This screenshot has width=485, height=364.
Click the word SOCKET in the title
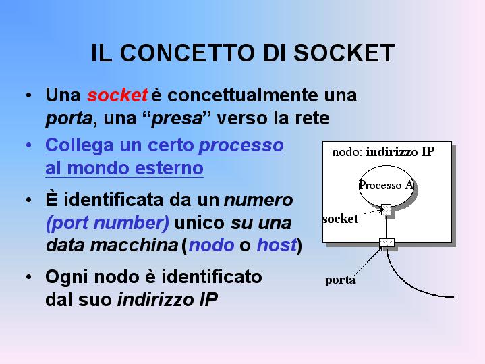(344, 53)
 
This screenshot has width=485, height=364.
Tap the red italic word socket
(117, 95)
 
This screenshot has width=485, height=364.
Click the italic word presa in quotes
(177, 118)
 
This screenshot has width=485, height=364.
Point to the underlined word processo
(241, 145)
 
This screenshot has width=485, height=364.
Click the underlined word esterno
(169, 168)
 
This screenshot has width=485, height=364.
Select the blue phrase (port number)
(107, 223)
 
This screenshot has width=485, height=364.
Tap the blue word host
(277, 244)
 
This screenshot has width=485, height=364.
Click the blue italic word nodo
(211, 245)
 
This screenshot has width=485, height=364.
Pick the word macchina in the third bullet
(134, 245)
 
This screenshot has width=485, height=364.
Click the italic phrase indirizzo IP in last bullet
(167, 300)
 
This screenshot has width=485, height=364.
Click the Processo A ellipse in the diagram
(386, 186)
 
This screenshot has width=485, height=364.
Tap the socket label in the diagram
(340, 219)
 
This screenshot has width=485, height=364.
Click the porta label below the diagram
(340, 280)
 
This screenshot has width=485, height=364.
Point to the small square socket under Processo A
(386, 210)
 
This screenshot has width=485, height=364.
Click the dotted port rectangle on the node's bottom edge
(387, 242)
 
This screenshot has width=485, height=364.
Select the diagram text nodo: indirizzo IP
(383, 152)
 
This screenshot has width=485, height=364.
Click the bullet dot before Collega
(29, 145)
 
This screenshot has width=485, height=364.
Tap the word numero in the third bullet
(258, 200)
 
